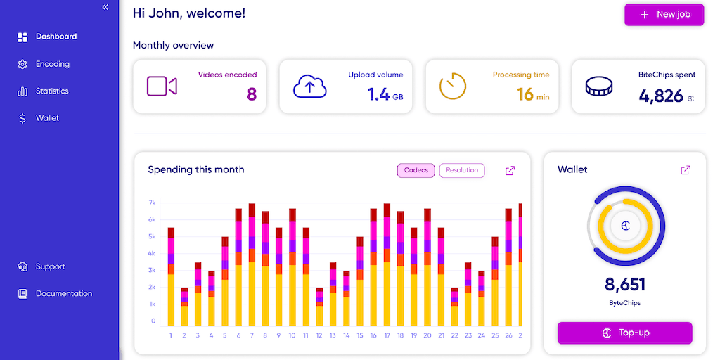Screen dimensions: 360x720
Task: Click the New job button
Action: click(x=664, y=15)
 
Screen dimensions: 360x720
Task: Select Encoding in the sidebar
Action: click(x=53, y=64)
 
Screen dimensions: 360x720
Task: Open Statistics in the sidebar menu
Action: click(x=52, y=91)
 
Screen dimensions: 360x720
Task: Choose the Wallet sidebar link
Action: click(x=47, y=118)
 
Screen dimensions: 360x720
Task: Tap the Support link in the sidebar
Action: click(x=50, y=267)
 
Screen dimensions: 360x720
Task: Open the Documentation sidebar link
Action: click(x=63, y=294)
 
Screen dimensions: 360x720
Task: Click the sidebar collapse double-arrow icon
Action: click(x=105, y=7)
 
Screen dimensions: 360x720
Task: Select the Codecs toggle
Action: click(x=416, y=170)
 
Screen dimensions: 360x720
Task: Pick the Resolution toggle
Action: click(x=462, y=170)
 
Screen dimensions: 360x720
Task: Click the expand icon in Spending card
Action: click(x=510, y=170)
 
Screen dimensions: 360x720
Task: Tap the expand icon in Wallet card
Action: click(x=686, y=170)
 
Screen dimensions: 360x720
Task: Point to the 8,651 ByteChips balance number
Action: click(x=625, y=285)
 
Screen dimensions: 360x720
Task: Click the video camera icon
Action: click(x=162, y=86)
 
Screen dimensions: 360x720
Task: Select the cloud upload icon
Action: click(x=310, y=86)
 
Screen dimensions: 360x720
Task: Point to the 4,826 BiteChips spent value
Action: click(x=661, y=96)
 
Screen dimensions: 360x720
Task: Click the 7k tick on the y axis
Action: click(x=151, y=203)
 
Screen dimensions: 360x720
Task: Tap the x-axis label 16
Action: click(x=373, y=335)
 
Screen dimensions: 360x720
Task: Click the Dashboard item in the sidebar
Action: click(x=56, y=37)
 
